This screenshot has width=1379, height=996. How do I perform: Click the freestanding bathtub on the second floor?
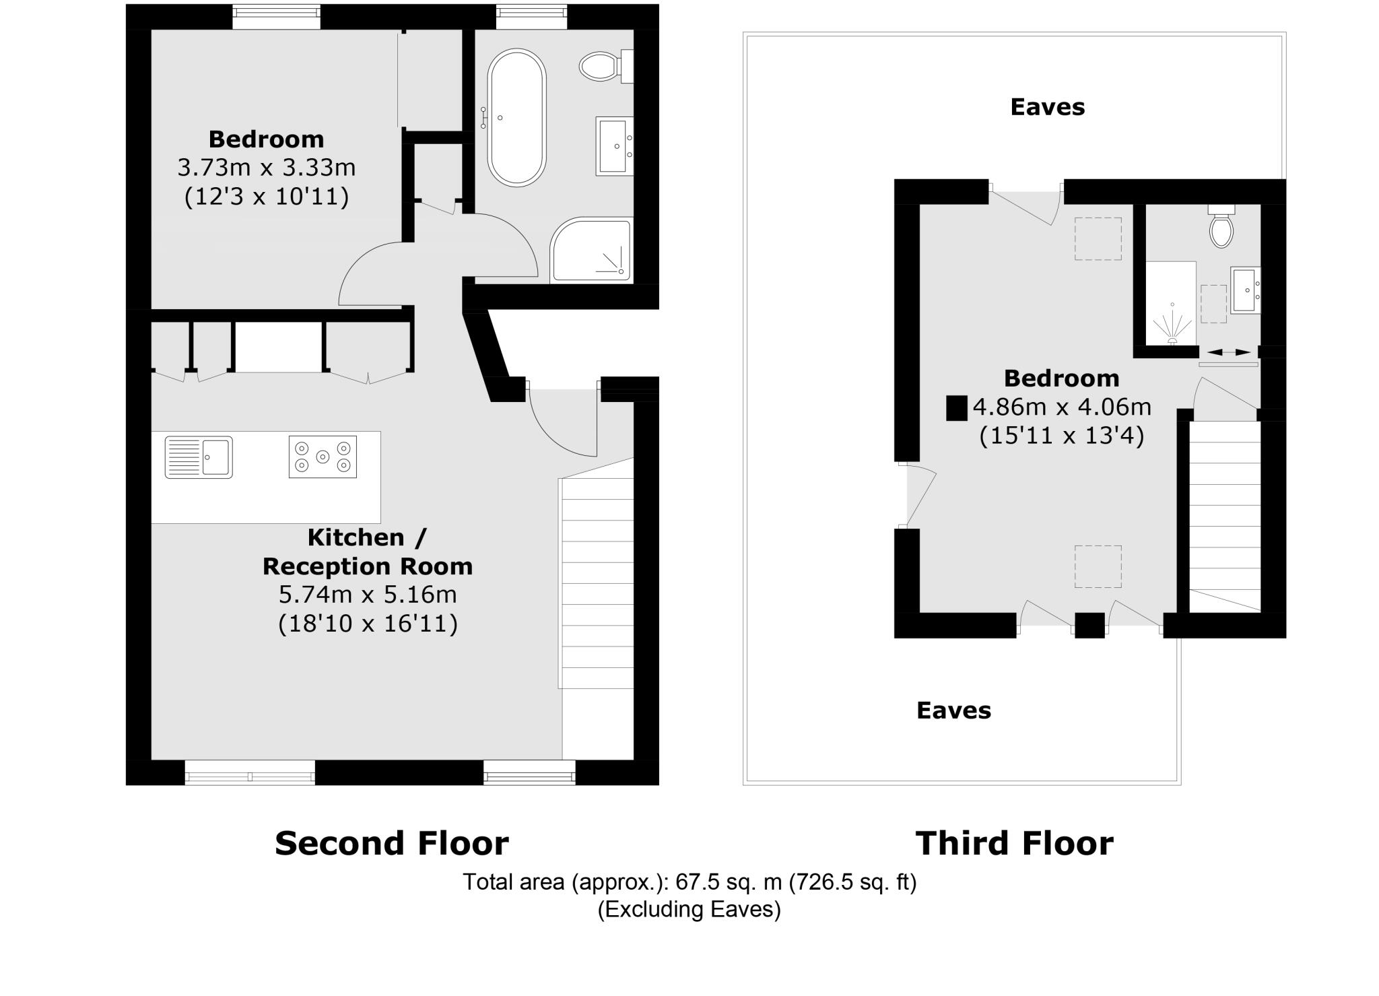tap(516, 118)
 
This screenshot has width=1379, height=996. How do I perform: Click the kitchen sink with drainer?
tap(199, 457)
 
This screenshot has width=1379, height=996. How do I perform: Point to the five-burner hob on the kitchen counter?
tap(323, 457)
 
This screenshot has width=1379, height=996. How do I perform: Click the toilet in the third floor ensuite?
tap(1221, 227)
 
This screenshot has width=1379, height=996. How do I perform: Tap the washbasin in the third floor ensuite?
tap(1244, 290)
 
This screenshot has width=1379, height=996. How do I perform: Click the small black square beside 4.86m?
tap(956, 408)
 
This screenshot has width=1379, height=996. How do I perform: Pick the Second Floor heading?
tap(391, 843)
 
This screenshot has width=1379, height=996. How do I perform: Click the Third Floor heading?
tap(1014, 843)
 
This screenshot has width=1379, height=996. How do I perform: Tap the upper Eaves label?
tap(1047, 107)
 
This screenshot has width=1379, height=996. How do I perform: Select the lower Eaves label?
tap(953, 710)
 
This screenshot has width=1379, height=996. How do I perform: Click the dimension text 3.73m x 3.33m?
tap(266, 167)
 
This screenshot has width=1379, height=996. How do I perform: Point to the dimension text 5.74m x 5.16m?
tap(368, 595)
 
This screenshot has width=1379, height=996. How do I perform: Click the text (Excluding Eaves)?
tap(689, 910)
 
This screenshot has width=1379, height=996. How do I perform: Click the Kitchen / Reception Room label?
tap(368, 552)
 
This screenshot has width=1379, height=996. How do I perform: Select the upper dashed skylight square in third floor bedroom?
tap(1098, 238)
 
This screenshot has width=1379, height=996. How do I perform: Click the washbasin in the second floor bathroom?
tap(614, 146)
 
